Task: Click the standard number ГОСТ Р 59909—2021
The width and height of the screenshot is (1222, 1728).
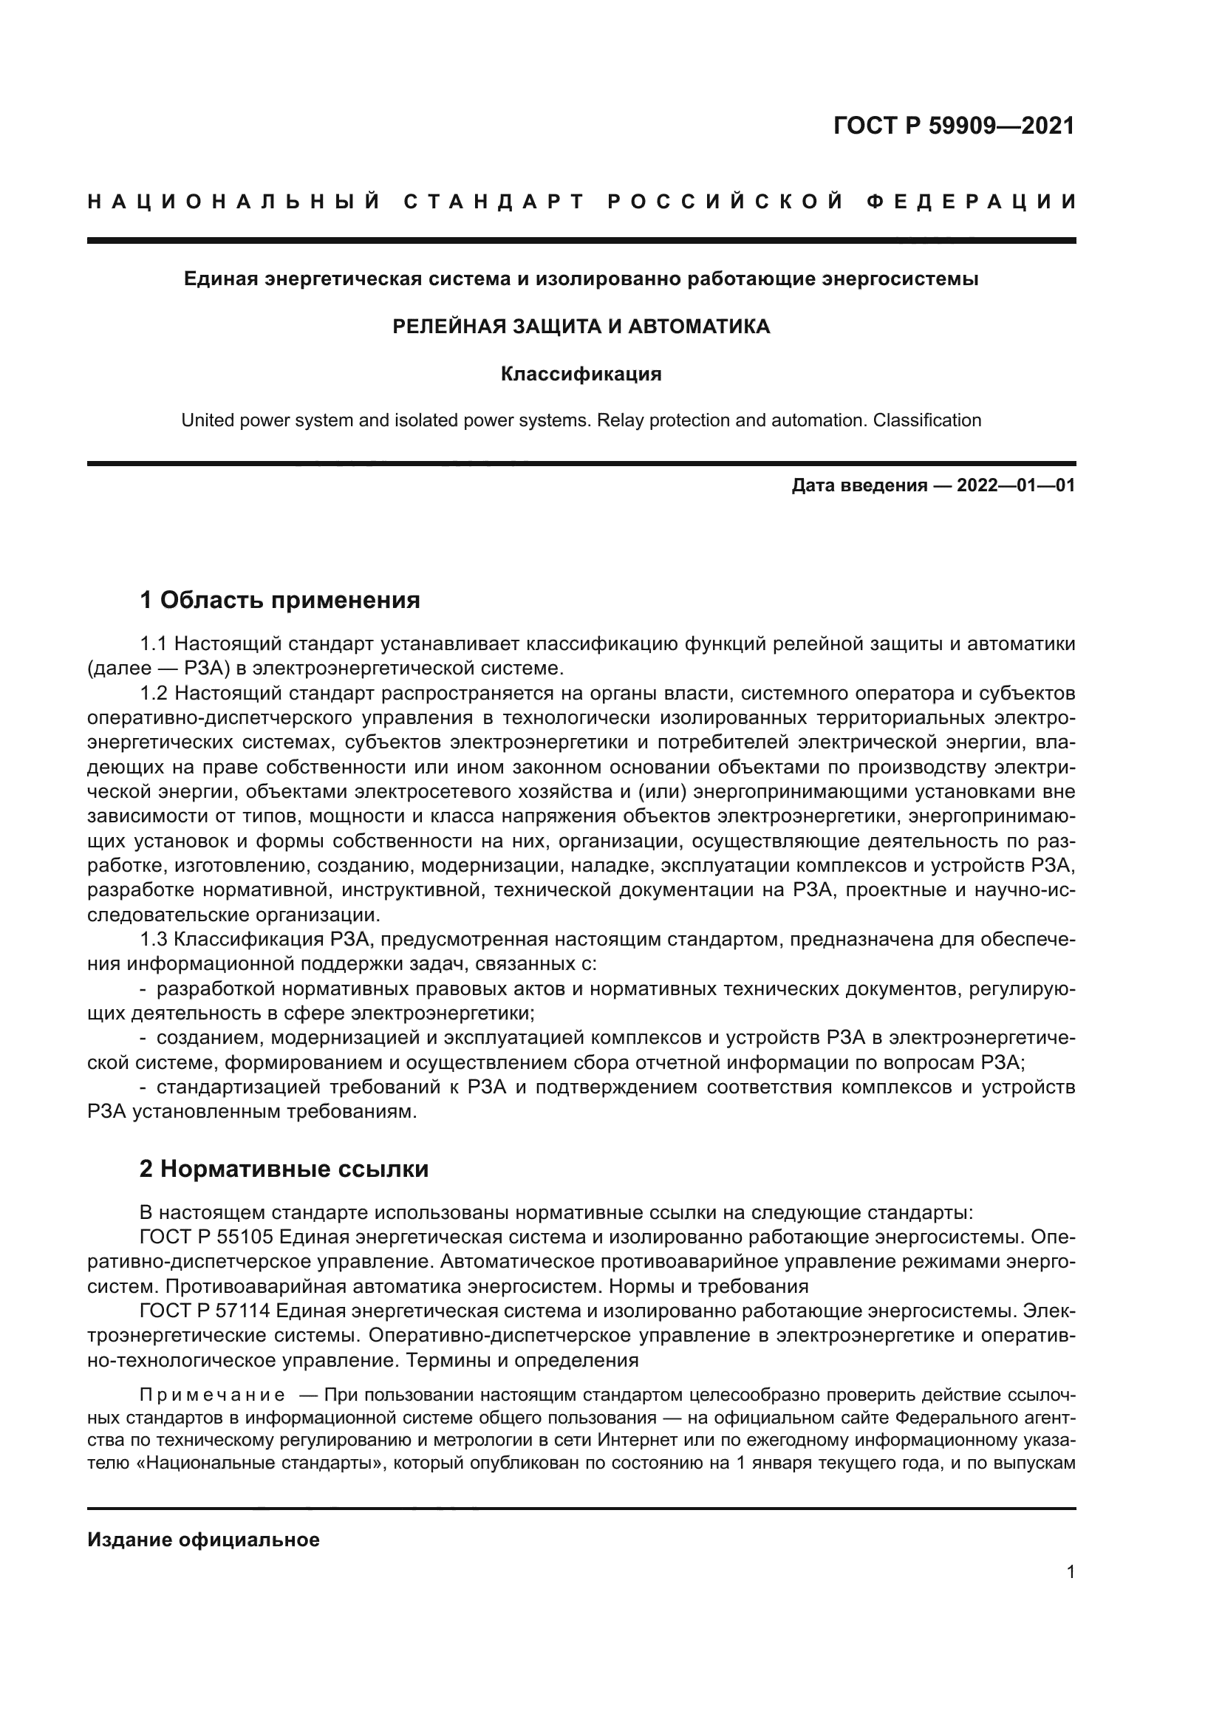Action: click(x=953, y=125)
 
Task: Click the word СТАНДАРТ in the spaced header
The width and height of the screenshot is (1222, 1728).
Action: click(x=494, y=202)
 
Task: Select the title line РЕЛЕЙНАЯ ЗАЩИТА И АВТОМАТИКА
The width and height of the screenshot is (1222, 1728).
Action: click(x=581, y=327)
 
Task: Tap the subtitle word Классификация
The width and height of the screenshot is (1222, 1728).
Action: click(x=581, y=374)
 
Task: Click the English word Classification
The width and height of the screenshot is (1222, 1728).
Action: click(x=926, y=420)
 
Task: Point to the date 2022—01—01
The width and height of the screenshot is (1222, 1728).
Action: click(x=1015, y=485)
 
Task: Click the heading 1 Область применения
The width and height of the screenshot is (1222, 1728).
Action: click(x=279, y=601)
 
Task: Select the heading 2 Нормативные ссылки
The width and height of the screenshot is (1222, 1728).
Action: click(x=284, y=1169)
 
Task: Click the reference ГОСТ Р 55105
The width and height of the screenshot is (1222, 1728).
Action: click(x=205, y=1237)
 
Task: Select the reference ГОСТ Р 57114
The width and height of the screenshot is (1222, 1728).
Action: click(x=205, y=1311)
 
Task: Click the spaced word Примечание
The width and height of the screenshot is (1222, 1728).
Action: click(x=212, y=1395)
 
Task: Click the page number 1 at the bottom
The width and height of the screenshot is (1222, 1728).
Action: click(x=1070, y=1572)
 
